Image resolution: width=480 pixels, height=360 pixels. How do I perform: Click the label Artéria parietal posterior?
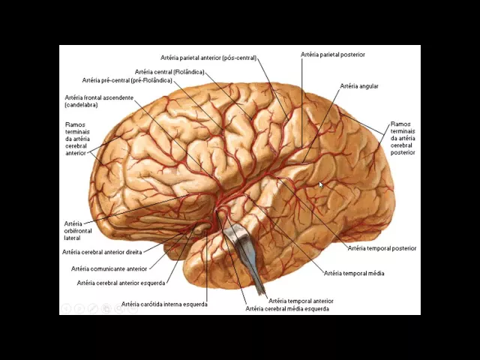click(x=333, y=55)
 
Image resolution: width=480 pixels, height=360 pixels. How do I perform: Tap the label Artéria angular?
click(x=359, y=86)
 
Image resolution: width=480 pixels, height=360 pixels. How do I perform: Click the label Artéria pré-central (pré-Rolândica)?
click(x=127, y=80)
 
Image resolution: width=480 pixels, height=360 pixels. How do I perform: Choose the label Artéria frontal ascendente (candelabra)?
click(x=98, y=101)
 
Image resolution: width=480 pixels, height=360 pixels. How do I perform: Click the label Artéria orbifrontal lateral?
click(x=73, y=230)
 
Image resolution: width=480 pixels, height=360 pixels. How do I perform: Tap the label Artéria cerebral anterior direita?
click(x=102, y=252)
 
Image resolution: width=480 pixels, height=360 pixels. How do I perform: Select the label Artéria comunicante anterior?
click(x=109, y=268)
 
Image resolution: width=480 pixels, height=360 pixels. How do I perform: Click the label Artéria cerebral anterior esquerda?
click(x=121, y=283)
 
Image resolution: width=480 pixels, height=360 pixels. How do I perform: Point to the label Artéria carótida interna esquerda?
click(x=164, y=304)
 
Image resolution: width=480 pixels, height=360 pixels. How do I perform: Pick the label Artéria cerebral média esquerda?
click(x=286, y=308)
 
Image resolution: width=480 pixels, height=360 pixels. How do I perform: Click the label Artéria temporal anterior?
click(x=301, y=300)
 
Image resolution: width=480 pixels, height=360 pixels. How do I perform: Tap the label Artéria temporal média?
click(x=353, y=273)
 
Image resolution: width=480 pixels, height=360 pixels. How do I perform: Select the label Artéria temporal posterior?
click(x=382, y=248)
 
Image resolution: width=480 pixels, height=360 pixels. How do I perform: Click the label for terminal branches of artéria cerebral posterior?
click(x=403, y=138)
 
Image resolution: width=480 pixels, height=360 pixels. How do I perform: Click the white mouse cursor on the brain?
click(x=321, y=185)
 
